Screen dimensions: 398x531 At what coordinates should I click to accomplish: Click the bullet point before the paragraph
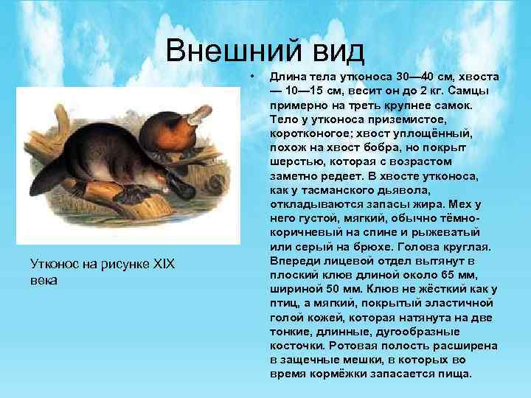click(252, 76)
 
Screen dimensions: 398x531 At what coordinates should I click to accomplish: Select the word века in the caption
click(44, 281)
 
